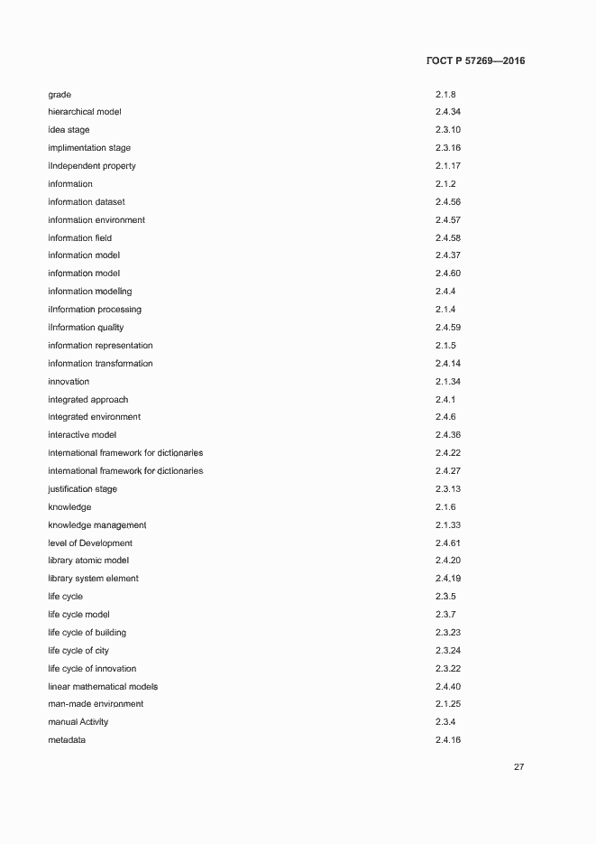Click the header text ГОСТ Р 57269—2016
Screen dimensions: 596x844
[474, 61]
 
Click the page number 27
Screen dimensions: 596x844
[518, 767]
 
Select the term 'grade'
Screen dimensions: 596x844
[60, 94]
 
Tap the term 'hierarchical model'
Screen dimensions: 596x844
[85, 112]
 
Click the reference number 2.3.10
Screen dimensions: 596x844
[447, 130]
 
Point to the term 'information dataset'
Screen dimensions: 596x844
[87, 202]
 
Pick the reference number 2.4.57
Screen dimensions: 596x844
[447, 220]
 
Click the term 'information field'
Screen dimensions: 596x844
[80, 238]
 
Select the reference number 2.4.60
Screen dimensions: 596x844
[447, 274]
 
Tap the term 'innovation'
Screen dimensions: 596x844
[69, 382]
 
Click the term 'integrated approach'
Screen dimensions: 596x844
[88, 400]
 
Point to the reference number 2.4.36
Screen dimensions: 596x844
[447, 435]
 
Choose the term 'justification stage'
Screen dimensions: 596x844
[83, 489]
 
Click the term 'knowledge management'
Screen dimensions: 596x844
[97, 525]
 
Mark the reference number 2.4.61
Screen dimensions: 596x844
[447, 543]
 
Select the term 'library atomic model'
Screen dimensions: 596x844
[88, 561]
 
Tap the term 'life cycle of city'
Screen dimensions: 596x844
[78, 651]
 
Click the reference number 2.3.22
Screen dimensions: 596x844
[447, 669]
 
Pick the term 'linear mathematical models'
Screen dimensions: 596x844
[103, 687]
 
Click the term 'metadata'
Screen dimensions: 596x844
[68, 740]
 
